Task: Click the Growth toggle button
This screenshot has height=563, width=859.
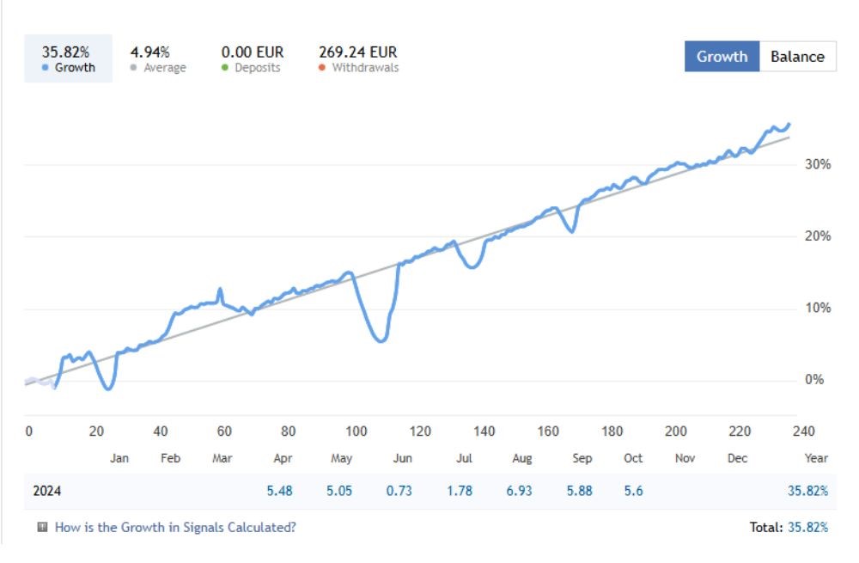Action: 722,57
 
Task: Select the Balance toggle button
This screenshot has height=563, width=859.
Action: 797,57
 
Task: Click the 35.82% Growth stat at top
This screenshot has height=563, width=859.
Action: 66,52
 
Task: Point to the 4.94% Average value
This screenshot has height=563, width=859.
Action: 149,52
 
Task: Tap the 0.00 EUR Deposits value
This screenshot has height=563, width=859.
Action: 253,52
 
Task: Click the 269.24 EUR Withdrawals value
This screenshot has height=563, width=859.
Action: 358,52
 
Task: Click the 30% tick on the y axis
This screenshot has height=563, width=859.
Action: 816,164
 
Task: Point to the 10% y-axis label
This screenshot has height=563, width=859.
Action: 816,308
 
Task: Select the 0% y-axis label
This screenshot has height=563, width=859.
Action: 813,380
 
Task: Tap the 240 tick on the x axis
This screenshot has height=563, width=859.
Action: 804,431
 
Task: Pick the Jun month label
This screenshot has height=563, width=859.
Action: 402,458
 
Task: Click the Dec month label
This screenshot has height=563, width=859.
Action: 737,458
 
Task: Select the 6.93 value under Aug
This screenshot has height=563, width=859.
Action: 521,491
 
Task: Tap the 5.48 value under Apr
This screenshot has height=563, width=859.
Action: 281,491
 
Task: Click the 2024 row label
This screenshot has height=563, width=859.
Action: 47,491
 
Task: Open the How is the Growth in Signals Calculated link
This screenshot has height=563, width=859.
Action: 175,527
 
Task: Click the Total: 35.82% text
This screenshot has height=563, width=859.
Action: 789,527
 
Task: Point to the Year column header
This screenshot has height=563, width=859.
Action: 816,458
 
